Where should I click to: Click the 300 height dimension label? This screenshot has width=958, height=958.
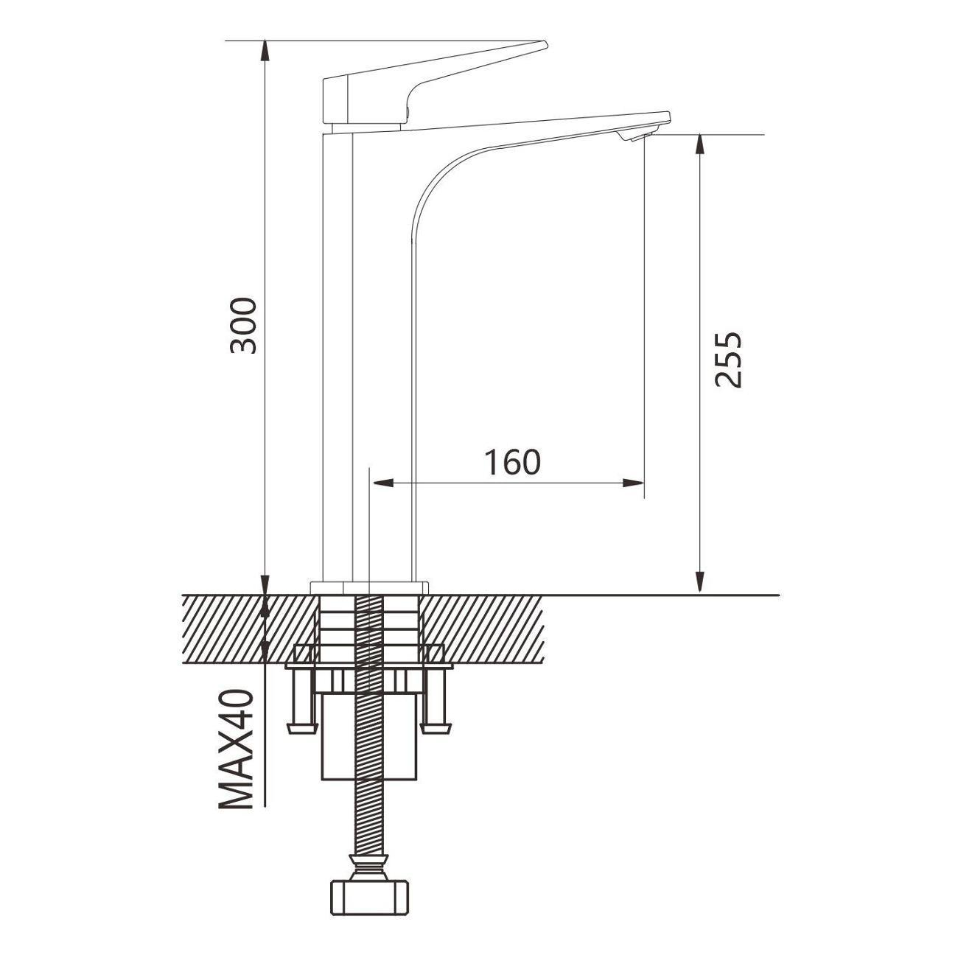244,326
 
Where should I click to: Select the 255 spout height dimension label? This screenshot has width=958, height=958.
727,359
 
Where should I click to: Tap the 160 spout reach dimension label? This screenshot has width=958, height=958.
512,461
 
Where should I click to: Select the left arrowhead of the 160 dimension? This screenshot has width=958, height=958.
382,483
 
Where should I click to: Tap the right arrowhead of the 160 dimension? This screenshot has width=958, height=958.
634,483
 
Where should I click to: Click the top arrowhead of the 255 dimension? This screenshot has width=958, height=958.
699,145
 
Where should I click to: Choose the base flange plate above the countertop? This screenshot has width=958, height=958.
369,587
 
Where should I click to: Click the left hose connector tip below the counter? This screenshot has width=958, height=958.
302,728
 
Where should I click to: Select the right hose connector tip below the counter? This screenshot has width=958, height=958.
436,728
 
